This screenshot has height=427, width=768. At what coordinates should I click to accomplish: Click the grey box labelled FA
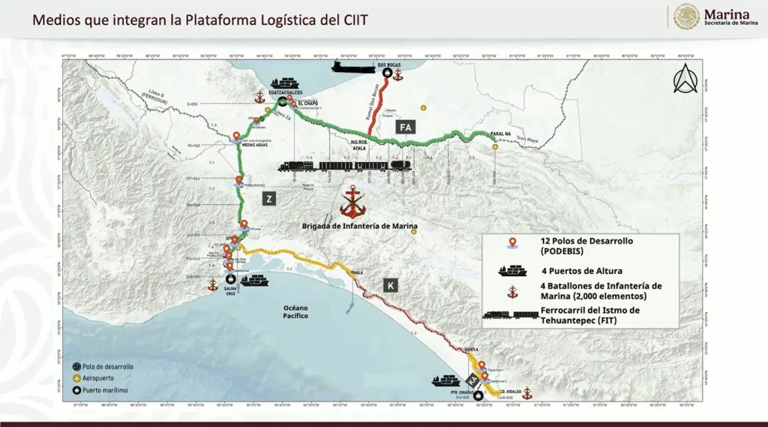(x=406, y=127)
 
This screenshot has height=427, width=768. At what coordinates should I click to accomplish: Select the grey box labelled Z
(x=269, y=198)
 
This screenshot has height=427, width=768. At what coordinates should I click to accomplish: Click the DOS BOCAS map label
(x=386, y=65)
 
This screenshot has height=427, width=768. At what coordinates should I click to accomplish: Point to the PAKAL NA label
(x=501, y=135)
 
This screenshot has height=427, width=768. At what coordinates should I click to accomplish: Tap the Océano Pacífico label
(x=296, y=312)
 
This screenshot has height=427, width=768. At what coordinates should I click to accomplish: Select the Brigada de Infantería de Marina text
(x=360, y=225)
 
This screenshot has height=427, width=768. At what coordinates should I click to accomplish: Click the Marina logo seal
(x=686, y=17)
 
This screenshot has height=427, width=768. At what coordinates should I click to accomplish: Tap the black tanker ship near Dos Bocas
(x=352, y=67)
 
